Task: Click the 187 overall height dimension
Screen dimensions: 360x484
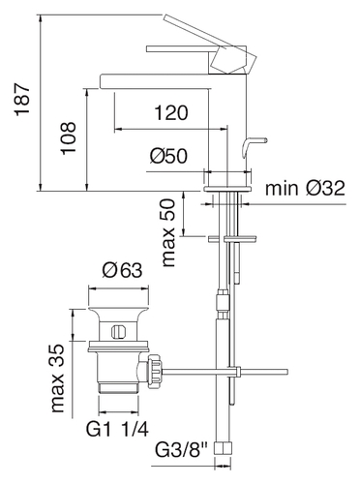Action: tap(23, 100)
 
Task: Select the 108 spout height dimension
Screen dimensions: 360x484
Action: tap(69, 138)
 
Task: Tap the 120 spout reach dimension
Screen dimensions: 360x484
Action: tap(171, 112)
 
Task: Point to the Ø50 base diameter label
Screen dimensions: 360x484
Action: tap(168, 157)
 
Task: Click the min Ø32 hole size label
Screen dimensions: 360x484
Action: tap(305, 188)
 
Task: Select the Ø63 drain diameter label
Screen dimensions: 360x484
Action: tap(122, 270)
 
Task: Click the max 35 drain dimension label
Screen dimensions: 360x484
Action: tap(58, 378)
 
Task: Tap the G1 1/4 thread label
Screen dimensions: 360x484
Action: tap(117, 430)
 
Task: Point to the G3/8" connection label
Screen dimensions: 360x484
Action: tap(182, 450)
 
